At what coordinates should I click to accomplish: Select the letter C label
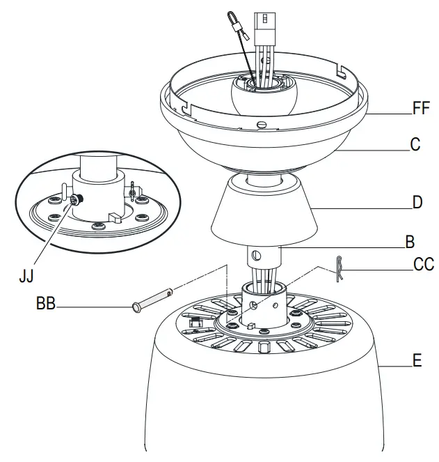point(415,145)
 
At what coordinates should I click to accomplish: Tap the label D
point(417,203)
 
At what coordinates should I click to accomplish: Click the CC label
point(423,265)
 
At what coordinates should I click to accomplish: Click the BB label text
point(47,305)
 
